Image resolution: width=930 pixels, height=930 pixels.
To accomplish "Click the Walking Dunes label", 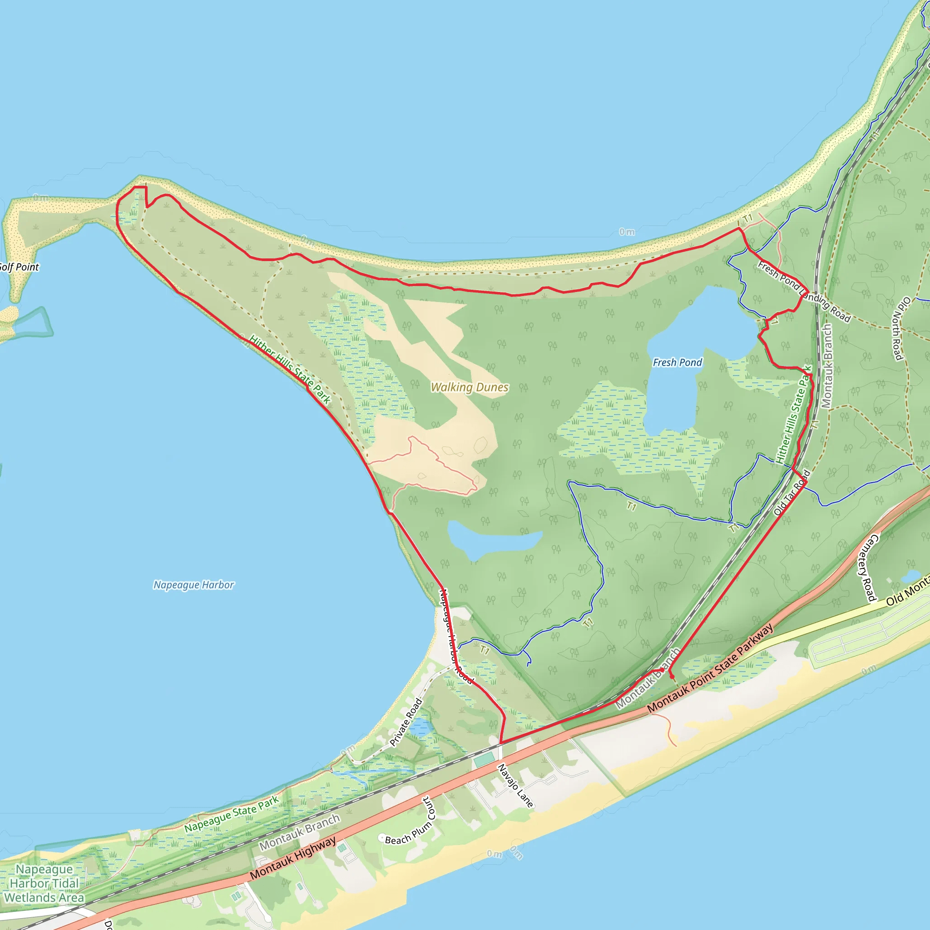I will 470,387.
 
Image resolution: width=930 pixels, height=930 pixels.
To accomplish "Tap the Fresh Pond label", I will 677,362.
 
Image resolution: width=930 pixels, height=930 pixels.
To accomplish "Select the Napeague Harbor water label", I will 193,585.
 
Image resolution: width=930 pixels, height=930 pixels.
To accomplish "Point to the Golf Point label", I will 19,267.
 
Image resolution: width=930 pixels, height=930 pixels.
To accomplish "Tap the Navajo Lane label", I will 515,786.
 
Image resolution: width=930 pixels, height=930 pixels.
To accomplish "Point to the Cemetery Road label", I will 866,568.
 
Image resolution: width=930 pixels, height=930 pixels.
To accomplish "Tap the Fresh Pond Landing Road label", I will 804,291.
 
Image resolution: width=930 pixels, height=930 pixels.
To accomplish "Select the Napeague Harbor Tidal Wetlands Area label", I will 45,883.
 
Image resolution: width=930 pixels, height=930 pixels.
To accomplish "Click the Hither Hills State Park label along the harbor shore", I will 290,369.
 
